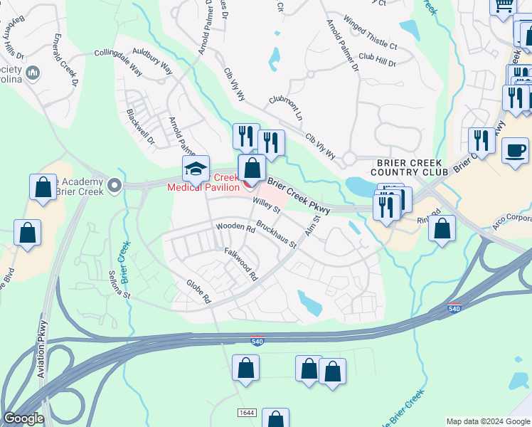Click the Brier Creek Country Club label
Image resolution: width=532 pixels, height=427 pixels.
coord(409,167)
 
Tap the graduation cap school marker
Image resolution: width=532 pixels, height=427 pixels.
coord(196,170)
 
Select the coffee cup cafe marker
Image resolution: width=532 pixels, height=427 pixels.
coord(514,151)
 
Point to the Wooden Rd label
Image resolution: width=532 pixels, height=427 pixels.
coord(235,228)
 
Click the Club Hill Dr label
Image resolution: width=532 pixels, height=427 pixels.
coord(377,60)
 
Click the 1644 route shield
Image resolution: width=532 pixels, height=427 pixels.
coord(247,413)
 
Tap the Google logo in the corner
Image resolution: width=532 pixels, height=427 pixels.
coord(23,419)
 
